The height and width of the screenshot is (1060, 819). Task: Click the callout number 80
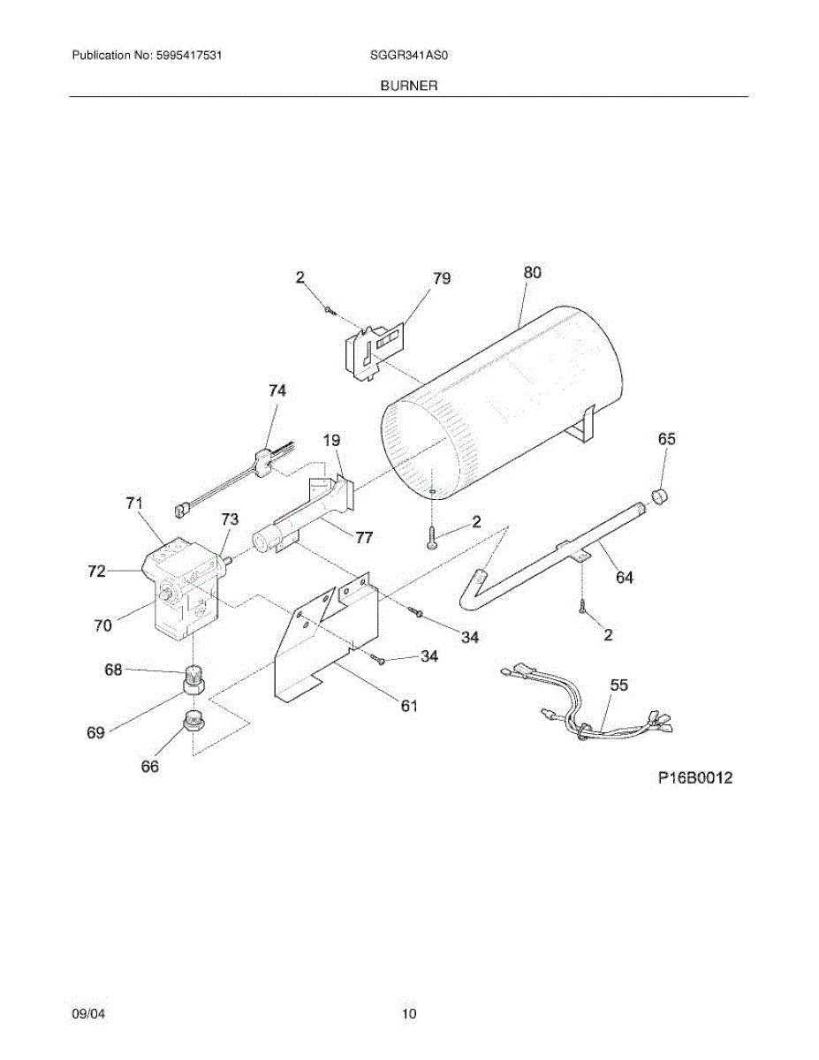click(x=532, y=273)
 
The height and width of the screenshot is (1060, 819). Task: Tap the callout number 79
click(x=442, y=278)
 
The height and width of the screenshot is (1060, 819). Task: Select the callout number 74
click(x=277, y=390)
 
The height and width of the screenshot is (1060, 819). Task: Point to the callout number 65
click(x=667, y=439)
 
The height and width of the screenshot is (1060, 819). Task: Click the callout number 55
click(x=619, y=685)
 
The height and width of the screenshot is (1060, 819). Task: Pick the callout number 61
click(x=408, y=706)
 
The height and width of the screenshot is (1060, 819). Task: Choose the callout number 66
click(x=150, y=767)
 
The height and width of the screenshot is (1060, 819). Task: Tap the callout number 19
click(x=332, y=439)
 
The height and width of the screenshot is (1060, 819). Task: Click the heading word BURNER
click(x=409, y=86)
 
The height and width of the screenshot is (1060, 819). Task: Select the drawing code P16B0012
click(x=695, y=778)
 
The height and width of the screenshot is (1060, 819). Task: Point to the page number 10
click(x=409, y=1014)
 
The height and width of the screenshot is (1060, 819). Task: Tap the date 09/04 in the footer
click(x=85, y=1014)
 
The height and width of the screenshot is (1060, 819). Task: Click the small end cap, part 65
click(x=657, y=498)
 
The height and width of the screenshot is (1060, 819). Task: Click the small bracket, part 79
click(x=371, y=350)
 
